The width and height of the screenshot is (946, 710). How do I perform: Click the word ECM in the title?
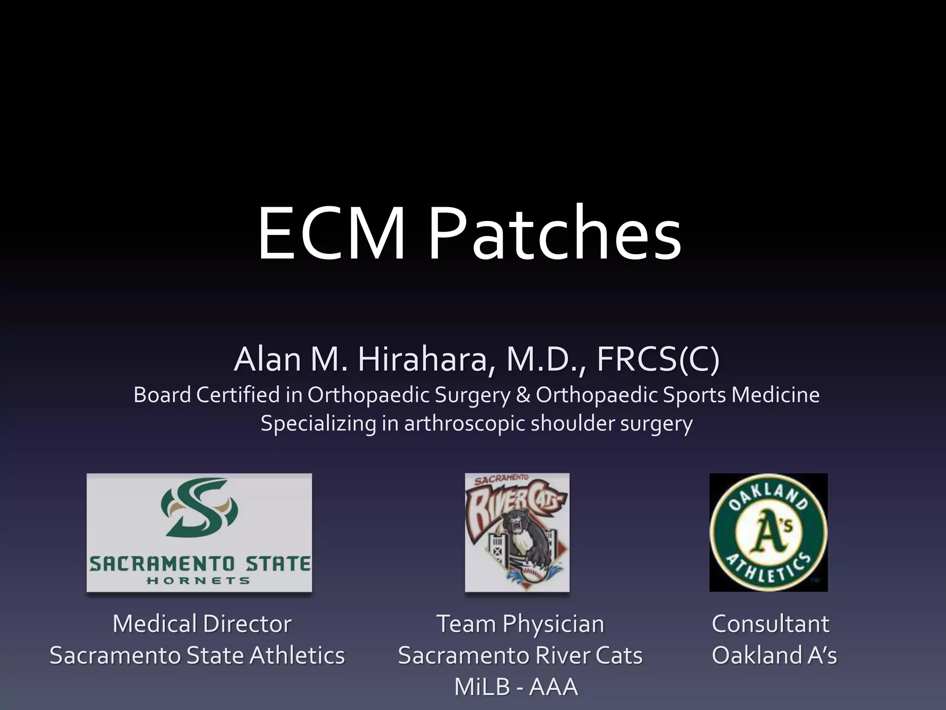tap(331, 234)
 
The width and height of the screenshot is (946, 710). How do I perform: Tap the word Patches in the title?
tap(554, 234)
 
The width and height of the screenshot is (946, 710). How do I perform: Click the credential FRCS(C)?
tap(658, 359)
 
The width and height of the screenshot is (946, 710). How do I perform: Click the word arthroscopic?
tap(464, 423)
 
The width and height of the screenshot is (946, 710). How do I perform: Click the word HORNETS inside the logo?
tap(199, 581)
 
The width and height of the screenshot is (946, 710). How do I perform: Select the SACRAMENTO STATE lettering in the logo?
tap(200, 564)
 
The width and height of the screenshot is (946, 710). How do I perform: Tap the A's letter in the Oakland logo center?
tap(768, 532)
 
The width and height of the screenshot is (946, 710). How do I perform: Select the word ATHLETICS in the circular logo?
tap(769, 570)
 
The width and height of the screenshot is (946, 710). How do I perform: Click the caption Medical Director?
tap(202, 624)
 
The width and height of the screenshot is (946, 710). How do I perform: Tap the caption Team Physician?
tap(520, 624)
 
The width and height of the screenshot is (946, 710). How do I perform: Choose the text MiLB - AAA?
tap(516, 686)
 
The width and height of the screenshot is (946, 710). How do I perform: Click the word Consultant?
tap(770, 624)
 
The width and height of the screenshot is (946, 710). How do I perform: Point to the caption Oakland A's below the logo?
tap(774, 655)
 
